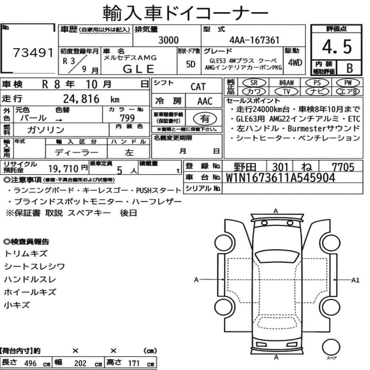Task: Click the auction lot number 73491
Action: point(33,53)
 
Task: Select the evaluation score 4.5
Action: point(337,47)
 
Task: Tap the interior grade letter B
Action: point(350,68)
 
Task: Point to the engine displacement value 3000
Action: point(168,40)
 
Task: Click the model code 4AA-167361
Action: point(255,40)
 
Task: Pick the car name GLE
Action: point(138,69)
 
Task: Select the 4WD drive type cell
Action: point(295,63)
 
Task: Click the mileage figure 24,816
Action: point(81,99)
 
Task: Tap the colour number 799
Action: point(127,118)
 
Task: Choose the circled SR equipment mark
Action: point(254,83)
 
